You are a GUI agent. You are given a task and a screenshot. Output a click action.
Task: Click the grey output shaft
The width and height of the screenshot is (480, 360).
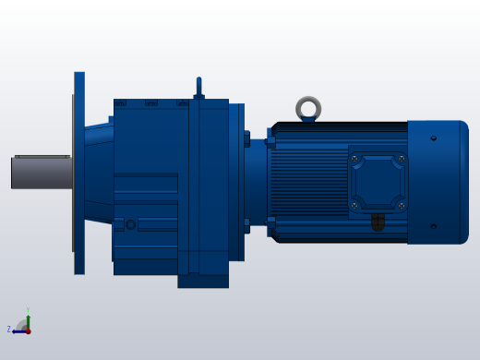point(42,173)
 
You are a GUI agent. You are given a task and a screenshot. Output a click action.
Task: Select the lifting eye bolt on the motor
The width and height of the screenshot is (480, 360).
point(308,109)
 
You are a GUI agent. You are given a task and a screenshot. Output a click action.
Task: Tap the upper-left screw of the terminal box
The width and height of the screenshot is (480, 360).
point(354,159)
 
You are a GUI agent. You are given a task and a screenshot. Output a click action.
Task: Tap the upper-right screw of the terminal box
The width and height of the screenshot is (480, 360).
point(401,159)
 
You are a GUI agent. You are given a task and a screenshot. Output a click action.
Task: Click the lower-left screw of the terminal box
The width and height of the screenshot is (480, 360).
point(354,205)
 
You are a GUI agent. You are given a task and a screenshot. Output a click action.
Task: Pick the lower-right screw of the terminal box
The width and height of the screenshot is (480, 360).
point(401,205)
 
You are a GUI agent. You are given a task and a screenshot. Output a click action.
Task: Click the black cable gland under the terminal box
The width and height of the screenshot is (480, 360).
point(378,222)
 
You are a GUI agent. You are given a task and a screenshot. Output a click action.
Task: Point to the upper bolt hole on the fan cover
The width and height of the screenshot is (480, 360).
point(434,138)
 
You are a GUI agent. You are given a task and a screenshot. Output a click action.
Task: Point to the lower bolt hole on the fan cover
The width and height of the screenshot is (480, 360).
point(434,226)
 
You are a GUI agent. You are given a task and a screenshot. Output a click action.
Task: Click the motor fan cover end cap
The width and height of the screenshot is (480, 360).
point(438,182)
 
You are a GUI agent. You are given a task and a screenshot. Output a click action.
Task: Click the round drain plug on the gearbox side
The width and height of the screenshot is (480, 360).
point(131,224)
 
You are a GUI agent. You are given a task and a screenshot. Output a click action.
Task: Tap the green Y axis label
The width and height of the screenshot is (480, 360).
point(28,310)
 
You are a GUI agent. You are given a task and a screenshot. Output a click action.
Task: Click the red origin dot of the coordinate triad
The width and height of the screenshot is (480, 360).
point(28,330)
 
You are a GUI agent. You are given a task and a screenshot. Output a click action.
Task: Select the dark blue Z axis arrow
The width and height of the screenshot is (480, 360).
point(18,330)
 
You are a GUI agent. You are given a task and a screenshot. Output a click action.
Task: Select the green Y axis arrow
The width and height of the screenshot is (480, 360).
point(28,320)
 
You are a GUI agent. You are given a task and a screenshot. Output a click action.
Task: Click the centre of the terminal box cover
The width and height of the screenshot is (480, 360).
point(378,182)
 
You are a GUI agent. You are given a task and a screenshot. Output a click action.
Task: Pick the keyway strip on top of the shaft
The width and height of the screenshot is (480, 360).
point(42,157)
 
